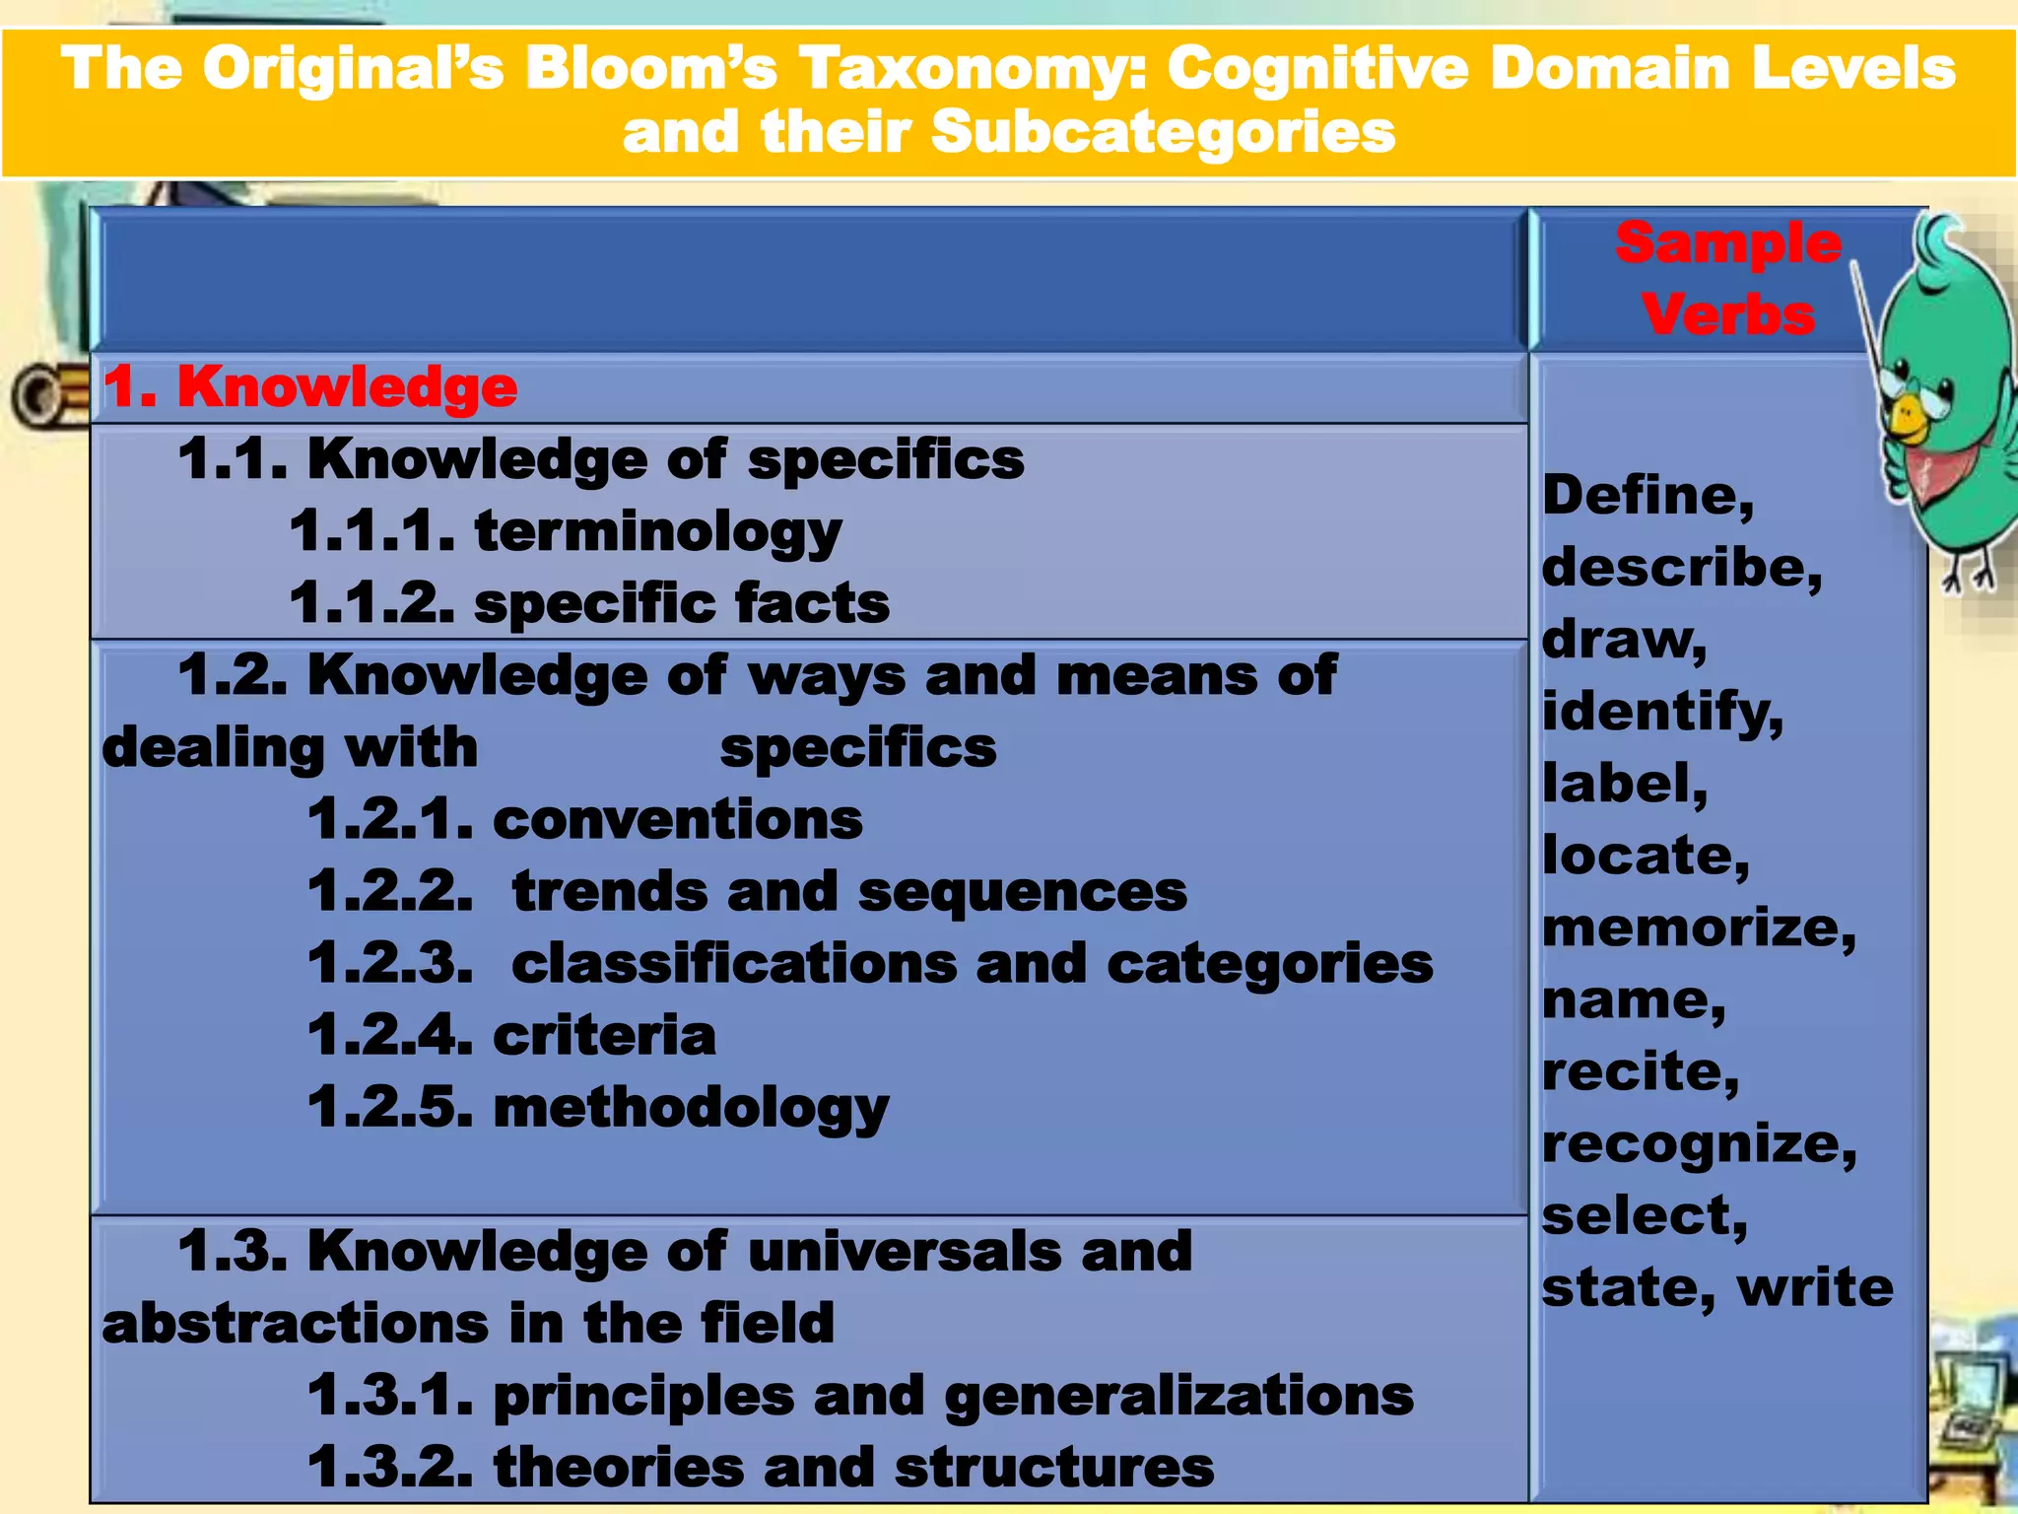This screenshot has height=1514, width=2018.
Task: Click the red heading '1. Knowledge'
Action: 310,386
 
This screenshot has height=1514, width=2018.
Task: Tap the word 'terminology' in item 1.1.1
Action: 657,532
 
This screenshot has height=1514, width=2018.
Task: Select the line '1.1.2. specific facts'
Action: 589,603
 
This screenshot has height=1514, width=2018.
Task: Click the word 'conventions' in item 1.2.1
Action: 677,820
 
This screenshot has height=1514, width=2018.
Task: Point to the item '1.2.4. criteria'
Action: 511,1036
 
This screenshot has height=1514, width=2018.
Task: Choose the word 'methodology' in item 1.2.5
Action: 691,1109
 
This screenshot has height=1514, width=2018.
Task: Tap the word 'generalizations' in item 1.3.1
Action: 1178,1396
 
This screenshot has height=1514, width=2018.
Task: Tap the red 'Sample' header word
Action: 1727,243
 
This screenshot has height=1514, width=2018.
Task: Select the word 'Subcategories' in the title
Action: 1163,132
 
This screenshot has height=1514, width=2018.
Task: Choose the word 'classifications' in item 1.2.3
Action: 734,964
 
